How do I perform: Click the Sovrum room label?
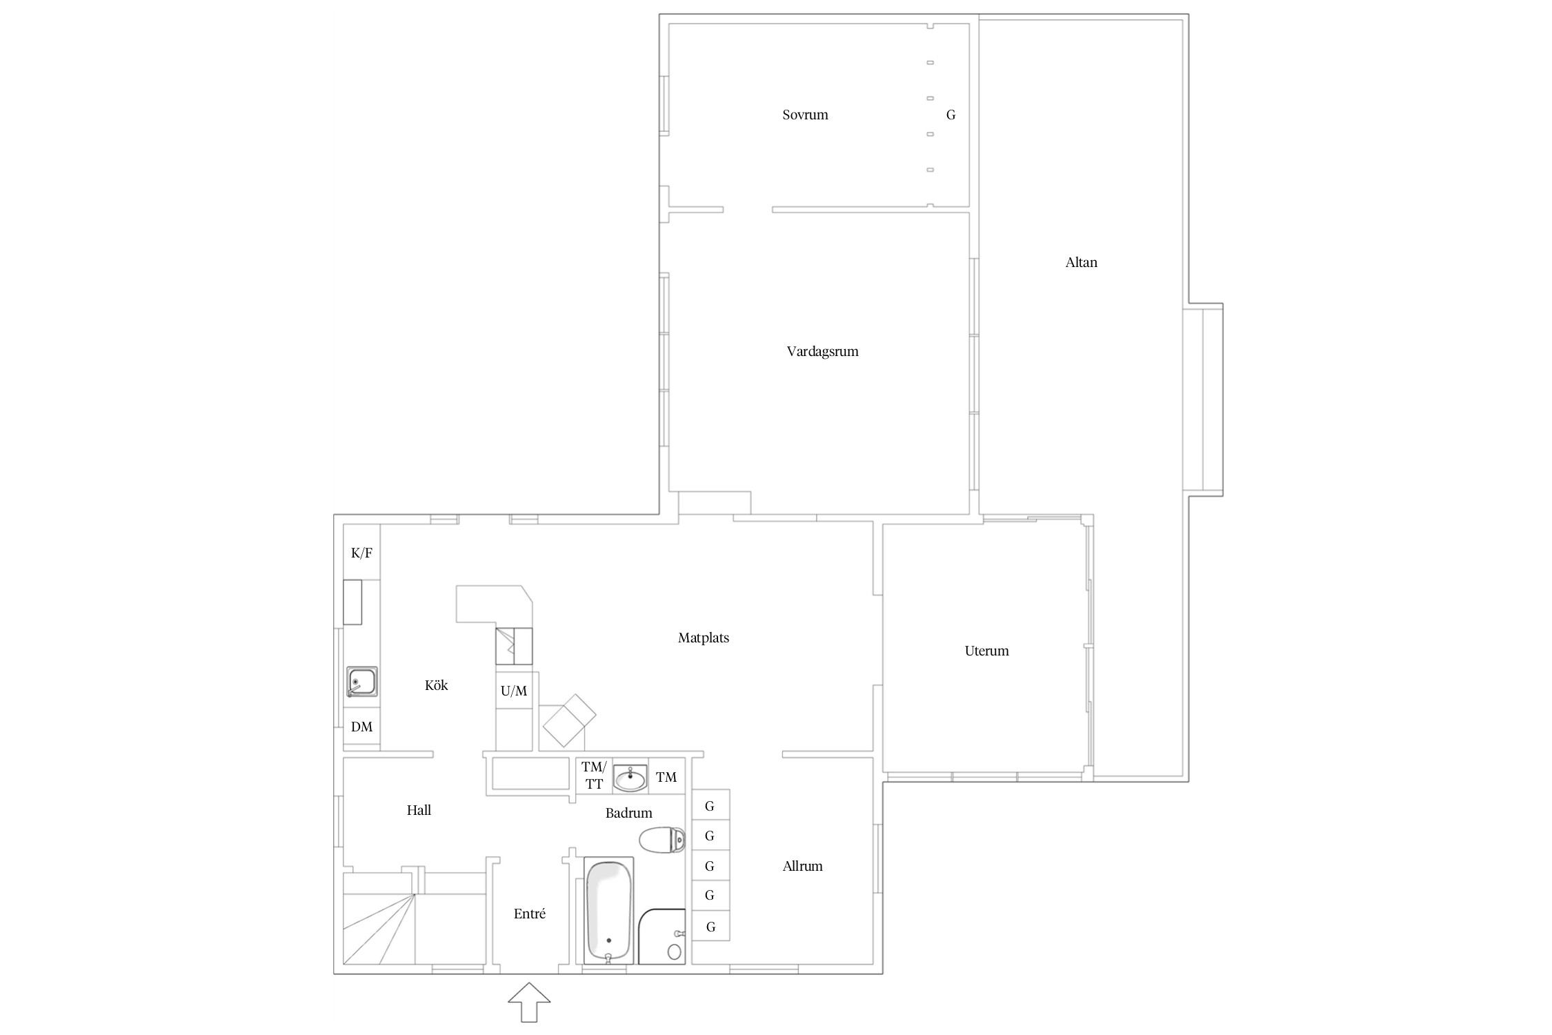pyautogui.click(x=805, y=115)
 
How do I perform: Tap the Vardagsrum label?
pyautogui.click(x=822, y=352)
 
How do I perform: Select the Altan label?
pyautogui.click(x=1081, y=262)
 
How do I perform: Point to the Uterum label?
pyautogui.click(x=986, y=651)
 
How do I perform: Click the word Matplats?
pyautogui.click(x=703, y=638)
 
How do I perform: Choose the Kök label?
pyautogui.click(x=436, y=685)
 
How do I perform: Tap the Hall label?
pyautogui.click(x=419, y=810)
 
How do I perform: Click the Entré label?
pyautogui.click(x=529, y=914)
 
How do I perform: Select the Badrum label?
pyautogui.click(x=628, y=813)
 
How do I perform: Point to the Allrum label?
pyautogui.click(x=802, y=866)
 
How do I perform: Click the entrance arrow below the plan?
pyautogui.click(x=529, y=1002)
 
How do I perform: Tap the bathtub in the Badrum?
pyautogui.click(x=608, y=911)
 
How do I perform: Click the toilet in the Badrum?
pyautogui.click(x=662, y=840)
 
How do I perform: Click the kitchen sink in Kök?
pyautogui.click(x=361, y=682)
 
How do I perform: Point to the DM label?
pyautogui.click(x=361, y=727)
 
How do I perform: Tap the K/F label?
pyautogui.click(x=361, y=553)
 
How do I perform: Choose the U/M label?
pyautogui.click(x=514, y=691)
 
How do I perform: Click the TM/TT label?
pyautogui.click(x=593, y=775)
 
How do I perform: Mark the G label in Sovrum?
pyautogui.click(x=951, y=115)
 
